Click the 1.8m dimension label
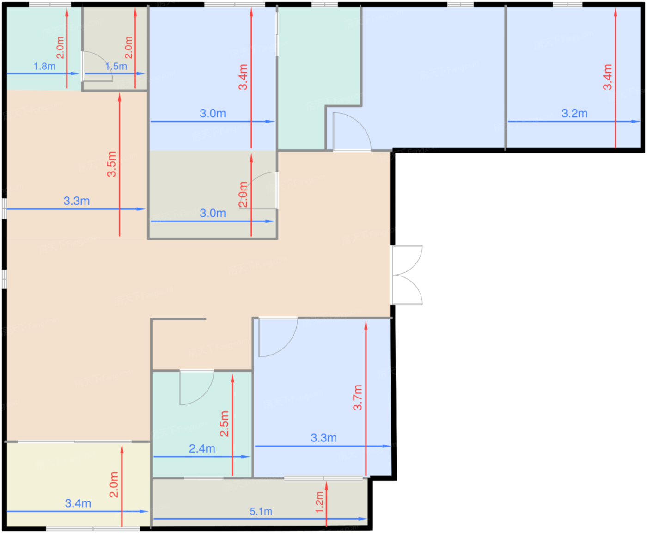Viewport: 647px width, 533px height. click(x=44, y=67)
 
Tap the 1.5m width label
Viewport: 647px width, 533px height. click(x=116, y=67)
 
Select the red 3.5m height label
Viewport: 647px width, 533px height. click(x=111, y=164)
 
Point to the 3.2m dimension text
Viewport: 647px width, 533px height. click(x=574, y=113)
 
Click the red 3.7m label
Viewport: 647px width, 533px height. click(x=358, y=398)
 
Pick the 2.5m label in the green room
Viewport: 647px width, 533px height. click(x=224, y=424)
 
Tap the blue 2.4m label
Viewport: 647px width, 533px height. click(x=201, y=449)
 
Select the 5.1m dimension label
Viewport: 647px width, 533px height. click(x=261, y=512)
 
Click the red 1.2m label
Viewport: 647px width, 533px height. click(x=319, y=502)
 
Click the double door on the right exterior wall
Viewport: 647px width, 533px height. click(x=407, y=275)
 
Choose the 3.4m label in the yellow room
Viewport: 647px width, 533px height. click(x=78, y=503)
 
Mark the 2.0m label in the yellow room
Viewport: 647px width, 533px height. click(x=114, y=484)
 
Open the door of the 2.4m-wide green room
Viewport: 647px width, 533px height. click(x=196, y=387)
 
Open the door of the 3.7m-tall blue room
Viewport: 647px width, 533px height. click(x=278, y=337)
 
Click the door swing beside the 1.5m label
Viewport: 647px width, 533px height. click(x=97, y=67)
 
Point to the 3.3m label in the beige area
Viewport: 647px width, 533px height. click(x=77, y=201)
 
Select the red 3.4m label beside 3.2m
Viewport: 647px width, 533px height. click(x=607, y=77)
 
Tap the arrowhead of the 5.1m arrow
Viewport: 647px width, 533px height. click(x=363, y=519)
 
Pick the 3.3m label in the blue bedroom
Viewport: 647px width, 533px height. click(x=323, y=438)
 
